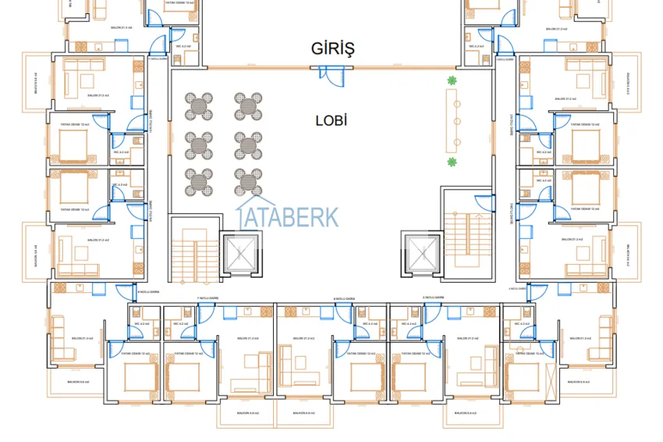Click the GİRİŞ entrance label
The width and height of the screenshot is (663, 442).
331,49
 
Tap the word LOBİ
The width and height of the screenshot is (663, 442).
331,120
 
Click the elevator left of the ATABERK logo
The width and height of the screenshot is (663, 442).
240,252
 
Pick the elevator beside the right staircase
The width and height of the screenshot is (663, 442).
421,252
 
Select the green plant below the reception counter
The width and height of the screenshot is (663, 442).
451,162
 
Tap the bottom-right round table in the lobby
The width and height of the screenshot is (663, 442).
247,181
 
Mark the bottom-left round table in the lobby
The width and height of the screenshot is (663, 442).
199,181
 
